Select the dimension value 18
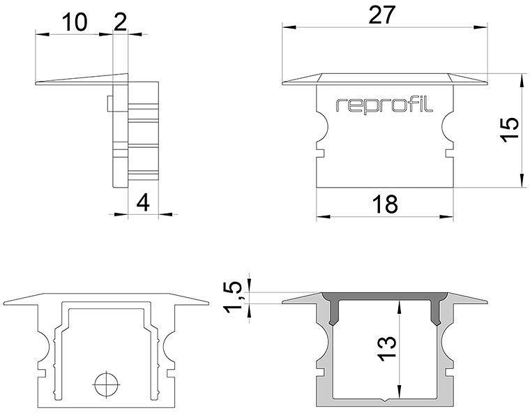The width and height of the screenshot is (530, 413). pyautogui.click(x=384, y=204)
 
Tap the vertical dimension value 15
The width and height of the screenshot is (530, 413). pyautogui.click(x=510, y=130)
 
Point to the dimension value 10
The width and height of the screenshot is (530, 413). pyautogui.click(x=75, y=22)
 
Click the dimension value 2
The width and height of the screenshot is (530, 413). pyautogui.click(x=120, y=22)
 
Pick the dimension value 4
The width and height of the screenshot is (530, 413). pyautogui.click(x=143, y=203)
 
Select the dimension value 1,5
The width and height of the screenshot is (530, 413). pyautogui.click(x=236, y=296)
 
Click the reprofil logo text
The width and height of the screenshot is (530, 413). pyautogui.click(x=384, y=105)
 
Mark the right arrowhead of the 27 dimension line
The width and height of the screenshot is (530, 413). pyautogui.click(x=480, y=28)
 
